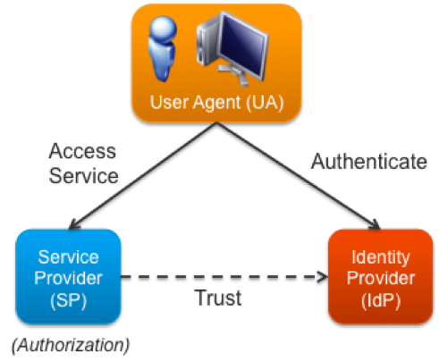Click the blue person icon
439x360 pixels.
click(x=163, y=49)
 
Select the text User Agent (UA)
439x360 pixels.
click(x=217, y=103)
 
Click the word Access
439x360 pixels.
click(x=82, y=151)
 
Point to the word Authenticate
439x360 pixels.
click(x=369, y=162)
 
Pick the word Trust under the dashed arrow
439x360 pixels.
click(x=218, y=297)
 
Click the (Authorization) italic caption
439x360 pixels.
click(x=71, y=346)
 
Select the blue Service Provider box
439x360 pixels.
click(x=68, y=276)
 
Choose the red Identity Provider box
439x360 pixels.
click(x=381, y=276)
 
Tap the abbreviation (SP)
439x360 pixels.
click(x=68, y=300)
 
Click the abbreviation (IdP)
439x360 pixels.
click(x=381, y=300)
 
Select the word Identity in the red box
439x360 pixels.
click(x=381, y=257)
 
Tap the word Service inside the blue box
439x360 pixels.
click(x=68, y=257)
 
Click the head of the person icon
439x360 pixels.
click(x=163, y=29)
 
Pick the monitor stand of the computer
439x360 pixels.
click(x=235, y=74)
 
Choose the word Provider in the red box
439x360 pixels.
click(x=381, y=278)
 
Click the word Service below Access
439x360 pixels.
click(x=83, y=176)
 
